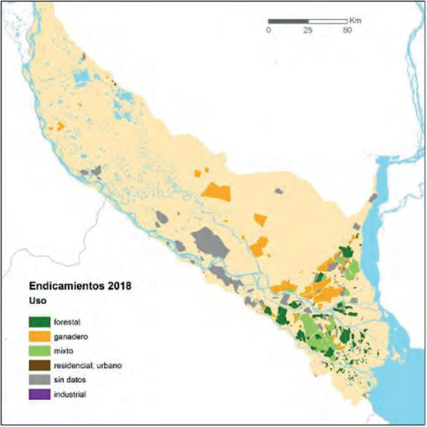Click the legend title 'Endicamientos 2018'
(x=80, y=288)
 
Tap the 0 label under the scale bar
(x=268, y=30)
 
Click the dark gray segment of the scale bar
(x=288, y=20)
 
